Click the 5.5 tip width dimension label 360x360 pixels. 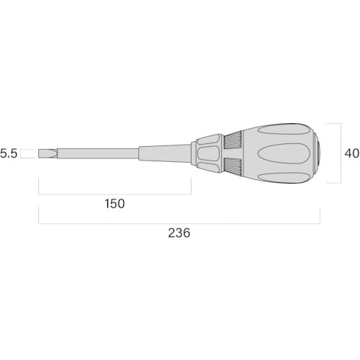click(9, 153)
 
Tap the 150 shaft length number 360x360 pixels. click(114, 204)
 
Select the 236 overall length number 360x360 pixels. click(179, 233)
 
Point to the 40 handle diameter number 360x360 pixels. click(352, 153)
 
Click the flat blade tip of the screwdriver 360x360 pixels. click(48, 153)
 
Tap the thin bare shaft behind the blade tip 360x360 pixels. click(98, 153)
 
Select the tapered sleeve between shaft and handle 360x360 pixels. click(165, 153)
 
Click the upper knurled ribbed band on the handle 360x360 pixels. click(233, 140)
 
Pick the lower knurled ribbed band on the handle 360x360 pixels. click(233, 166)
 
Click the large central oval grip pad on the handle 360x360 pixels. click(284, 153)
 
